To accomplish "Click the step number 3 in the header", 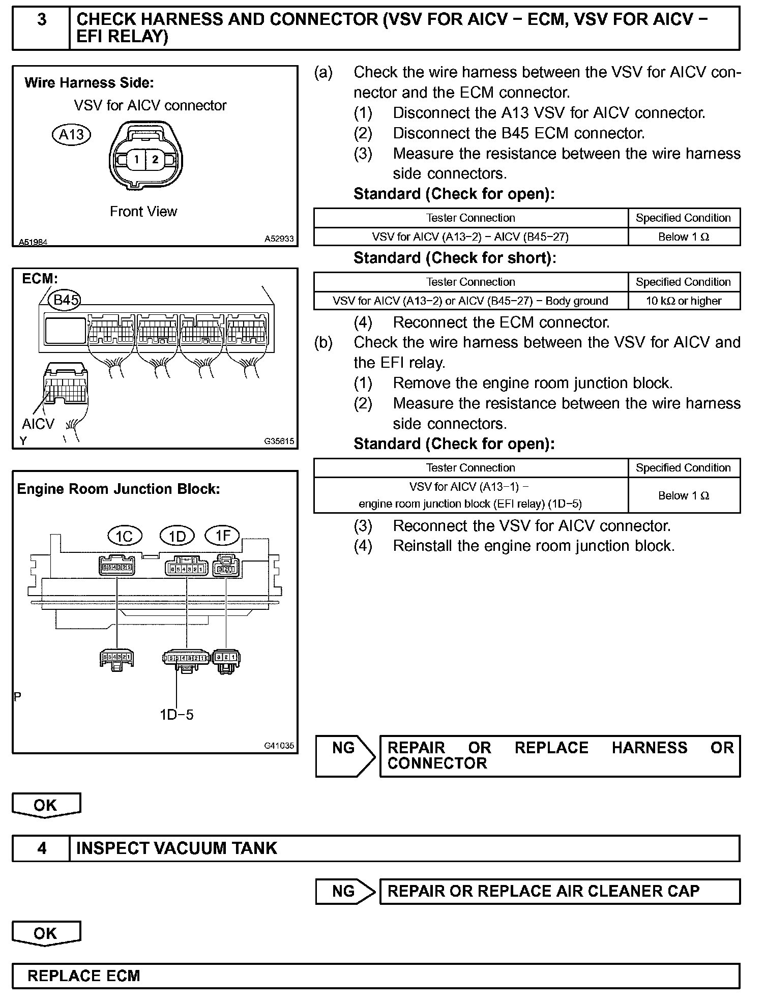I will pyautogui.click(x=42, y=20).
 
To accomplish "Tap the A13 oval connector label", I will pyautogui.click(x=72, y=135).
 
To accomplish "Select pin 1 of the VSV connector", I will pyautogui.click(x=136, y=160).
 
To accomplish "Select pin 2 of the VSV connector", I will pyautogui.click(x=155, y=160).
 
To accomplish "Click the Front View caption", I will pyautogui.click(x=143, y=212).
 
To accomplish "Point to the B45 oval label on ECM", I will pyautogui.click(x=66, y=300).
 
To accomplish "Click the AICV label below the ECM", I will pyautogui.click(x=38, y=424).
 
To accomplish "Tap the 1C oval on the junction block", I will pyautogui.click(x=125, y=536).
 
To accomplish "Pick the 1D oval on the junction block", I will pyautogui.click(x=177, y=536).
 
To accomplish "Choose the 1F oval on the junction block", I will pyautogui.click(x=222, y=536).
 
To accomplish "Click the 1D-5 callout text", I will pyautogui.click(x=176, y=715).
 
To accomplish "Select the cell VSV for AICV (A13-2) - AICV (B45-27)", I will pyautogui.click(x=470, y=237).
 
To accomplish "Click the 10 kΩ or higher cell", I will pyautogui.click(x=684, y=301).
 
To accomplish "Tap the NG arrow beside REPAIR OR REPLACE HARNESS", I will pyautogui.click(x=345, y=755).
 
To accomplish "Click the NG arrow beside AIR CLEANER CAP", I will pyautogui.click(x=345, y=892).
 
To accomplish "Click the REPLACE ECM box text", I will pyautogui.click(x=84, y=976).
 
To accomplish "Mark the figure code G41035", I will pyautogui.click(x=279, y=746).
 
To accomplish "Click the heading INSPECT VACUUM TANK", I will pyautogui.click(x=176, y=848).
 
